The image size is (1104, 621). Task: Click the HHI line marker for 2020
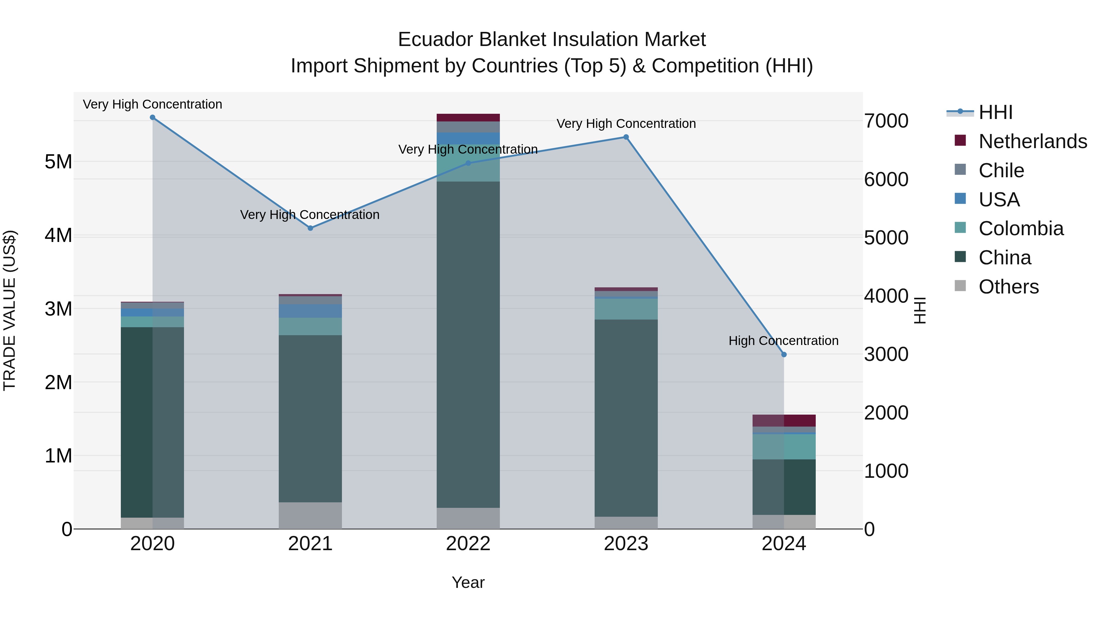pyautogui.click(x=153, y=117)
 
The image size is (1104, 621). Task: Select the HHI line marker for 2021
pyautogui.click(x=311, y=228)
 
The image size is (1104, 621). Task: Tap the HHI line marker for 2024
pyautogui.click(x=784, y=355)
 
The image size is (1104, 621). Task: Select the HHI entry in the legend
pyautogui.click(x=995, y=112)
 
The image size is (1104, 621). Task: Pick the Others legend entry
pyautogui.click(x=1008, y=287)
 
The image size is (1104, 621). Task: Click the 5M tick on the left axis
pyautogui.click(x=58, y=162)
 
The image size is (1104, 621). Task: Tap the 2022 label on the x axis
pyautogui.click(x=468, y=544)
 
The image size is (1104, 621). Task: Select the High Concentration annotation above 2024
pyautogui.click(x=784, y=341)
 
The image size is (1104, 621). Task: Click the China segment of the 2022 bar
pyautogui.click(x=468, y=343)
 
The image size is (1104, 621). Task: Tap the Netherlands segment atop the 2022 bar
pyautogui.click(x=468, y=117)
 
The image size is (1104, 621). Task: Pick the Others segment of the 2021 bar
pyautogui.click(x=310, y=515)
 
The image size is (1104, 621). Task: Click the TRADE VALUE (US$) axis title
pyautogui.click(x=10, y=310)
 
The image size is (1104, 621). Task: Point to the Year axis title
pyautogui.click(x=468, y=582)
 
